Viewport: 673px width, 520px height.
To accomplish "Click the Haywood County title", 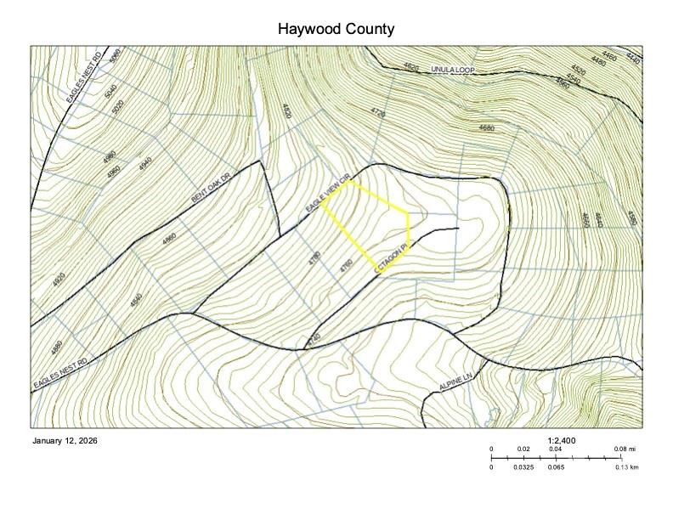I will click(336, 29).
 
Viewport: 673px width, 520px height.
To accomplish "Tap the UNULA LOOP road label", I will click(451, 68).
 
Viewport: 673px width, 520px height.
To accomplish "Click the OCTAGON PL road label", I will click(392, 257).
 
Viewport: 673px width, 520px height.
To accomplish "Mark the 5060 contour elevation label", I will click(116, 58).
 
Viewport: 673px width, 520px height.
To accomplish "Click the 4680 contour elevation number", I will click(486, 127).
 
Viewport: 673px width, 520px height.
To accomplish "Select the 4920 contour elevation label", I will click(59, 279).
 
